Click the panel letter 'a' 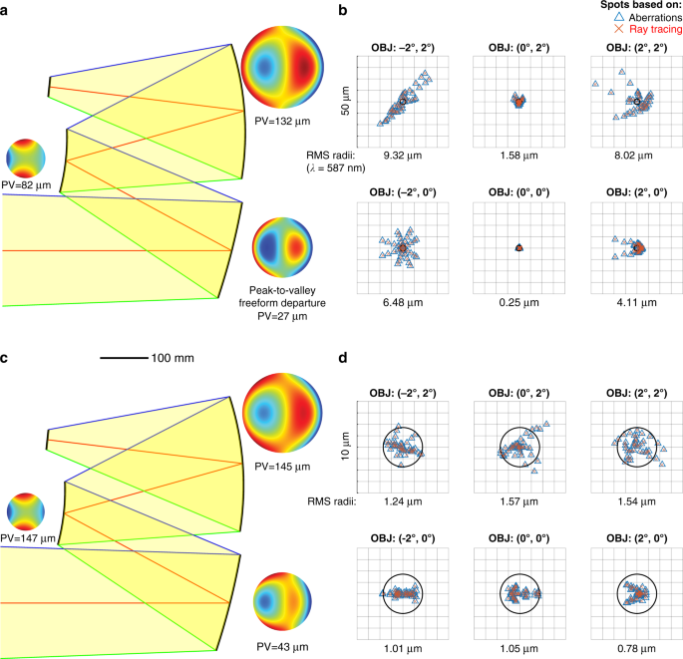(6, 12)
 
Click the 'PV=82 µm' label (27, 185)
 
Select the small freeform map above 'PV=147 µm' (27, 510)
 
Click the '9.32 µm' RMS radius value (403, 155)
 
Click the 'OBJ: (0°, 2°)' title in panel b (517, 49)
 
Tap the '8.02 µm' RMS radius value (632, 155)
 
